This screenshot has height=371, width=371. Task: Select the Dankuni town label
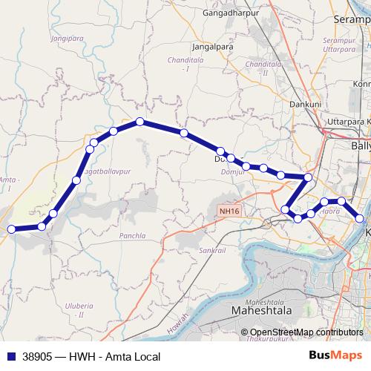click(x=304, y=105)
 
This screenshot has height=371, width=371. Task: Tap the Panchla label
click(x=131, y=236)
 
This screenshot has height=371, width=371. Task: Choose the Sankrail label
click(x=211, y=251)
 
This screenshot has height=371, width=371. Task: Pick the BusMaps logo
click(x=340, y=356)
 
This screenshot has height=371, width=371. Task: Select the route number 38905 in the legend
click(x=37, y=356)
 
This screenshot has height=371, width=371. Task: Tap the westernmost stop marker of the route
click(x=11, y=229)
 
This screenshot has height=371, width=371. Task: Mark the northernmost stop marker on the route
click(x=139, y=122)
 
